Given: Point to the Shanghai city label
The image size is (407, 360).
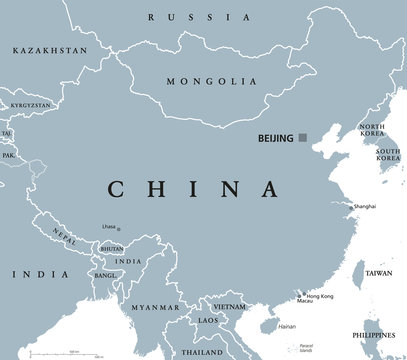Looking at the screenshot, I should [x=364, y=206].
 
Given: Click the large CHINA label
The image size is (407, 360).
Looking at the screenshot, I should [x=190, y=189].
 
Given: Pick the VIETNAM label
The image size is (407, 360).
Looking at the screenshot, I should [x=228, y=306].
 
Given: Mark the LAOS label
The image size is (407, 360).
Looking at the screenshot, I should [x=210, y=320].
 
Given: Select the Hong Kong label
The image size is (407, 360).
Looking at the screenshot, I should [x=321, y=297].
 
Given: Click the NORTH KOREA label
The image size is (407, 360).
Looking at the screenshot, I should [x=372, y=132].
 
